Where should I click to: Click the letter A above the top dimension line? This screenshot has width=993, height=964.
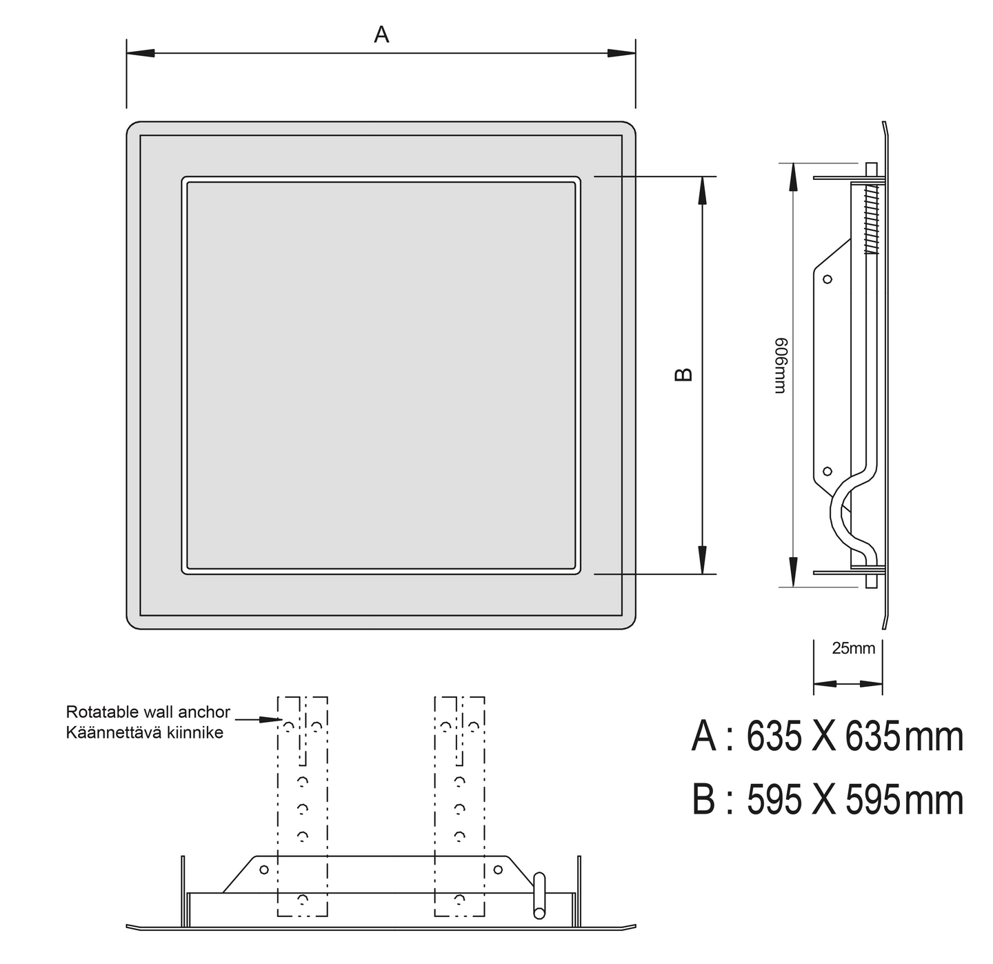tap(381, 34)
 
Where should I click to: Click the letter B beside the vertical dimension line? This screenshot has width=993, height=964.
tap(684, 374)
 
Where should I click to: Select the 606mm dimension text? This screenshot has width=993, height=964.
tap(781, 366)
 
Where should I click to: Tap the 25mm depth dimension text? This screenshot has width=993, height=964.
tap(853, 648)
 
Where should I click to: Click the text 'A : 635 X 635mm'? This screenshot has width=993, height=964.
tap(827, 737)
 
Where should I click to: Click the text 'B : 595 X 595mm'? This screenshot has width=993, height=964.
tap(827, 800)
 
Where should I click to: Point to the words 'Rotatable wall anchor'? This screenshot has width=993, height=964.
tap(148, 712)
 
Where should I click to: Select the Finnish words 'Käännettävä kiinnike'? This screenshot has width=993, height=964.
tap(144, 733)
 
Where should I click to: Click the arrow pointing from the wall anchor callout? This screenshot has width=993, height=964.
tap(259, 720)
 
